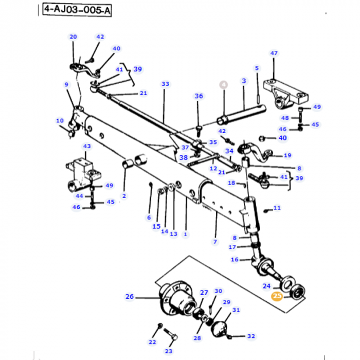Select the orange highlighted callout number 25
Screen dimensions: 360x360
277,296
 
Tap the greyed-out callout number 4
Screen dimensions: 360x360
223,84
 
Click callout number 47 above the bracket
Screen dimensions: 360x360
274,53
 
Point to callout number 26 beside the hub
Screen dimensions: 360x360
129,296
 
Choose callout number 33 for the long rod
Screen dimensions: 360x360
165,84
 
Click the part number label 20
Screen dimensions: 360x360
73,37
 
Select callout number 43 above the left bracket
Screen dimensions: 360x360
86,147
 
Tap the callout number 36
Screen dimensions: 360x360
199,96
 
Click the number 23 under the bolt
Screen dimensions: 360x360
169,351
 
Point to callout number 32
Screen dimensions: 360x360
250,336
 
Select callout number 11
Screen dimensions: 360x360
277,208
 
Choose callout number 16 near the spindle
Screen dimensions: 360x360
235,260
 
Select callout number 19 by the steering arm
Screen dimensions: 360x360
287,155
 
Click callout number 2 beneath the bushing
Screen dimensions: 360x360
124,196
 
